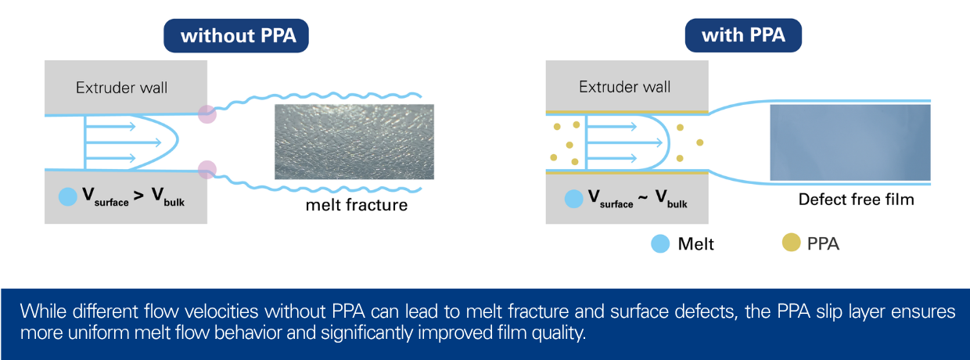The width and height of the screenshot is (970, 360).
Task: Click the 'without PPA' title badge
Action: click(x=236, y=35)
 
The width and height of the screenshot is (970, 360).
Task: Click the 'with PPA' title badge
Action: click(x=743, y=35)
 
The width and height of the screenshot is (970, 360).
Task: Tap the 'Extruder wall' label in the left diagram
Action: click(x=122, y=88)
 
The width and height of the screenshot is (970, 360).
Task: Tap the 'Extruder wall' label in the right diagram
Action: click(x=625, y=87)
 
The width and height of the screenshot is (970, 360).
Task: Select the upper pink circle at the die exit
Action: click(x=207, y=114)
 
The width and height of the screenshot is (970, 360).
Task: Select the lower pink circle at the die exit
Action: click(x=207, y=169)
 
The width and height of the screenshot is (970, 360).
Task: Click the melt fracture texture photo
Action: click(x=354, y=142)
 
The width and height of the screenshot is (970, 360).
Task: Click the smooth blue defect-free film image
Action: click(x=850, y=142)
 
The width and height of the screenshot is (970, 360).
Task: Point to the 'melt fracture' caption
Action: click(x=357, y=205)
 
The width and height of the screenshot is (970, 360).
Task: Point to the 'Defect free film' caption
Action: click(x=856, y=200)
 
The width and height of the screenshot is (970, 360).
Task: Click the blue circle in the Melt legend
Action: click(x=660, y=243)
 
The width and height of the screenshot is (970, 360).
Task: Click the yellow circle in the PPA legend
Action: click(x=791, y=242)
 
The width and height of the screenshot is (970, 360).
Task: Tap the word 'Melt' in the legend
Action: click(x=695, y=244)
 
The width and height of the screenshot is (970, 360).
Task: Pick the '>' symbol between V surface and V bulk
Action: click(x=138, y=196)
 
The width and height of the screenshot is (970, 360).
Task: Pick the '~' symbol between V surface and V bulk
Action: click(x=643, y=197)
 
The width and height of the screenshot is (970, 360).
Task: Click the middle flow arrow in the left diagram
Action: click(x=124, y=142)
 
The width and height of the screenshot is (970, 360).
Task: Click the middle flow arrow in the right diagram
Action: click(x=624, y=142)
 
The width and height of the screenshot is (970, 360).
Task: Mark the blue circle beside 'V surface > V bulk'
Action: click(x=67, y=196)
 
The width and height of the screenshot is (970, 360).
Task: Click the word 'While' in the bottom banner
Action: click(x=43, y=311)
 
